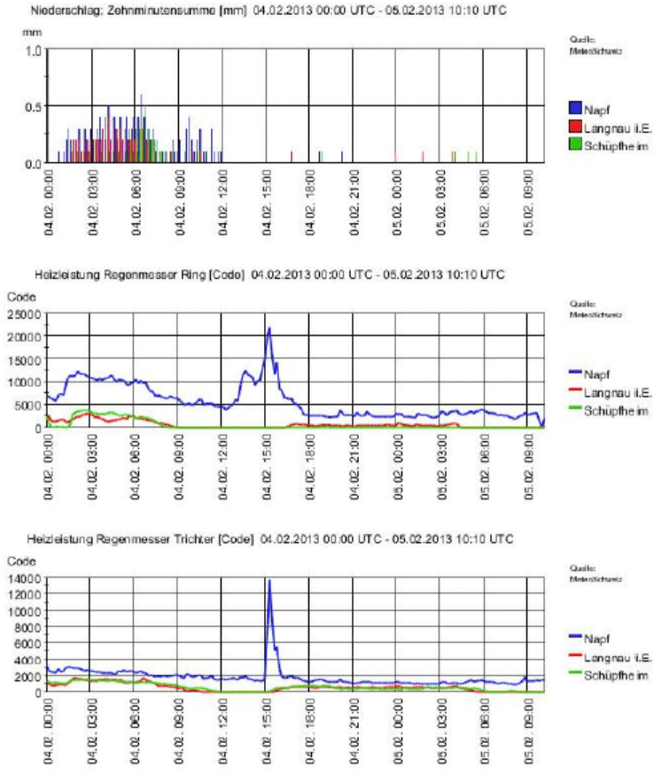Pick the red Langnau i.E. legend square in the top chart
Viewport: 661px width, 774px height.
click(x=573, y=127)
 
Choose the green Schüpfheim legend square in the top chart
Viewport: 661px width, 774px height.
click(x=573, y=144)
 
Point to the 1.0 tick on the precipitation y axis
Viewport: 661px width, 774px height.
click(x=33, y=50)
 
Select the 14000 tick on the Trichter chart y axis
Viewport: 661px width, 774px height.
click(x=27, y=578)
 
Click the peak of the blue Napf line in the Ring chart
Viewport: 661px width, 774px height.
click(x=268, y=329)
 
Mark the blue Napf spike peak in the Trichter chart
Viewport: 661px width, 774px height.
click(x=268, y=580)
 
